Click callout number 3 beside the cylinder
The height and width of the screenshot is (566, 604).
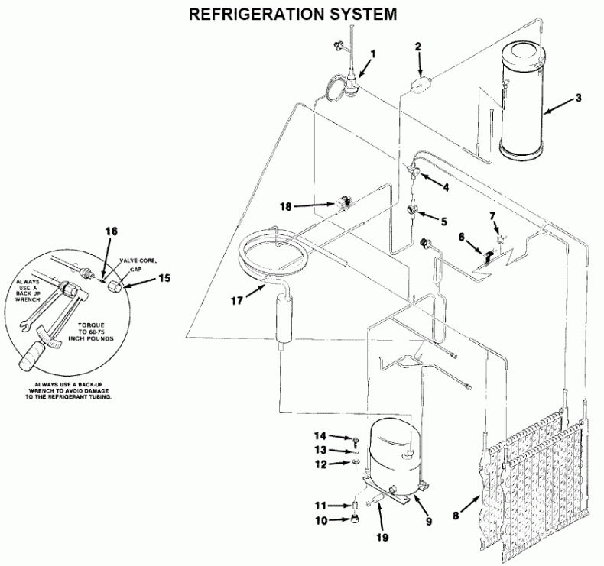coord(579,98)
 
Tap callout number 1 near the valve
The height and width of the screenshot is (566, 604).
coord(374,54)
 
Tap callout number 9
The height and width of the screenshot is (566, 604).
coord(429,522)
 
